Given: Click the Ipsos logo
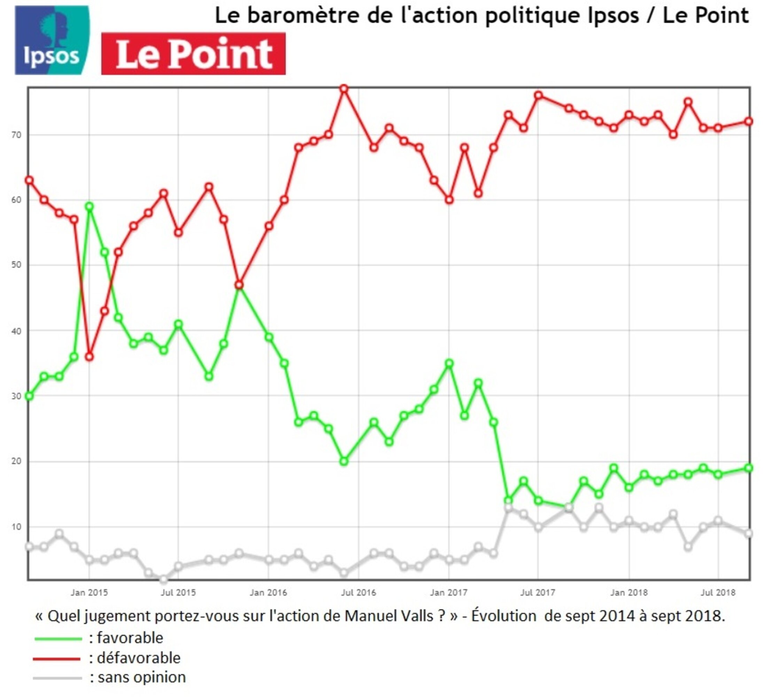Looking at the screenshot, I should pyautogui.click(x=52, y=40).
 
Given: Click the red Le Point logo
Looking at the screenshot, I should pyautogui.click(x=193, y=54).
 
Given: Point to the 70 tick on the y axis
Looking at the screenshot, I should pyautogui.click(x=16, y=135).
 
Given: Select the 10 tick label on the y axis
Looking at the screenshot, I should pyautogui.click(x=16, y=527).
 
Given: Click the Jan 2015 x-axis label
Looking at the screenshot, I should pyautogui.click(x=89, y=593).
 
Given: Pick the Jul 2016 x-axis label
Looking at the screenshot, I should pyautogui.click(x=358, y=593).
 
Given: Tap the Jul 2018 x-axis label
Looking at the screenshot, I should pyautogui.click(x=718, y=593).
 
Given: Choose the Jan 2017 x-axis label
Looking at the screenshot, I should pyautogui.click(x=448, y=593).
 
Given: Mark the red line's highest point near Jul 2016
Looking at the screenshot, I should pyautogui.click(x=344, y=89).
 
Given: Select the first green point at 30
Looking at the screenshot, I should pyautogui.click(x=29, y=396).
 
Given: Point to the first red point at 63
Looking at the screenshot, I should pyautogui.click(x=29, y=180).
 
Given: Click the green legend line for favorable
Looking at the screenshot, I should pyautogui.click(x=58, y=639).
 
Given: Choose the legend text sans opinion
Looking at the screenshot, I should pyautogui.click(x=142, y=677).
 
